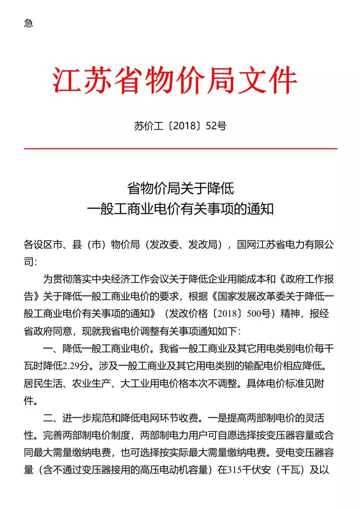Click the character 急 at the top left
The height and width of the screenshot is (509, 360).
(29, 23)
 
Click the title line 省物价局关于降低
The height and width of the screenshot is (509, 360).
(180, 189)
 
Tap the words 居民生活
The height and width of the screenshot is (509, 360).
(43, 383)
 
